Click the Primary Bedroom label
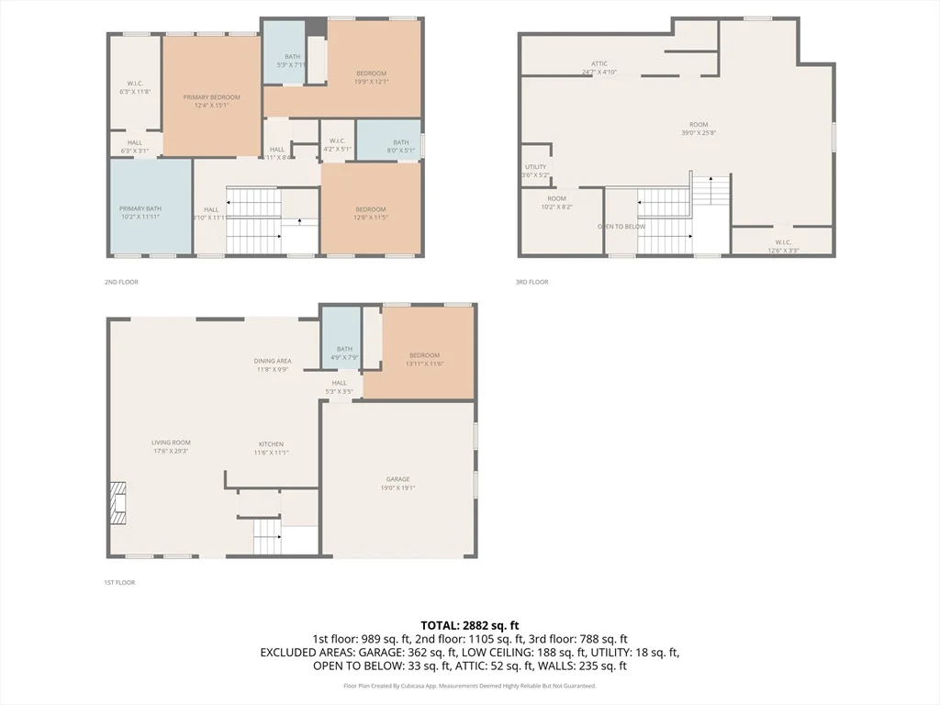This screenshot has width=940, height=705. (x=211, y=101)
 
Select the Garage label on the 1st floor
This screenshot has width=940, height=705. (x=397, y=484)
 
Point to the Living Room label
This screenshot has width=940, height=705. (x=171, y=447)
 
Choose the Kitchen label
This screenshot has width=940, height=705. (x=271, y=448)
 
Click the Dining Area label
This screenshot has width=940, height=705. (x=273, y=364)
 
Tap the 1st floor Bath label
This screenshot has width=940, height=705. (x=344, y=352)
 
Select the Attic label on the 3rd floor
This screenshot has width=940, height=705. (x=599, y=68)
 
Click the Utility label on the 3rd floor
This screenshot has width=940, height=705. (x=535, y=171)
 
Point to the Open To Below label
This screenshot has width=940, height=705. (x=621, y=226)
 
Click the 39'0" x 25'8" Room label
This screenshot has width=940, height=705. (x=699, y=129)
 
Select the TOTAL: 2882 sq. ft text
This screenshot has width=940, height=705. (x=469, y=625)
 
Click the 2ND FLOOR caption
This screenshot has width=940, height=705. (x=121, y=282)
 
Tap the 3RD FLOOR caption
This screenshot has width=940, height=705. (x=532, y=282)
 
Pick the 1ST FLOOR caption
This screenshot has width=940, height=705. (x=121, y=582)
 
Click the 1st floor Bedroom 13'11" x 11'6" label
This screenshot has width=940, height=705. (x=424, y=360)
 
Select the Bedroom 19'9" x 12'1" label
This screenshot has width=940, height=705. (x=371, y=77)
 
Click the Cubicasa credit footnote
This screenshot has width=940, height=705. (x=469, y=686)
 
